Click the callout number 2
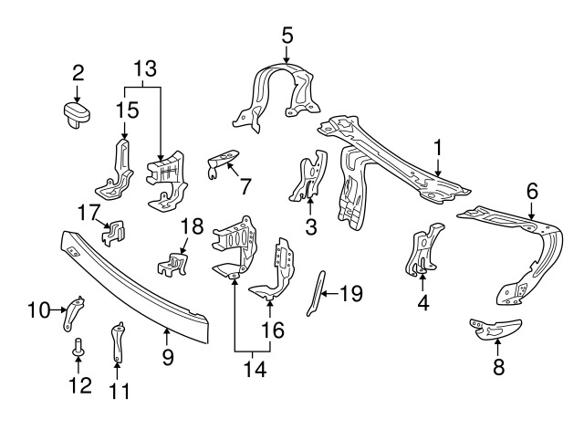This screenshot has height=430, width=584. (78, 71)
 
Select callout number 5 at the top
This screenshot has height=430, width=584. (287, 36)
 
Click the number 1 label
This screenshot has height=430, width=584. (438, 146)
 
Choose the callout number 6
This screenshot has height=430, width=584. (532, 191)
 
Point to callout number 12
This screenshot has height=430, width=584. (80, 384)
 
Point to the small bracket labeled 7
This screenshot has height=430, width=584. (223, 162)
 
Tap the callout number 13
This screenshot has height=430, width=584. (143, 68)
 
